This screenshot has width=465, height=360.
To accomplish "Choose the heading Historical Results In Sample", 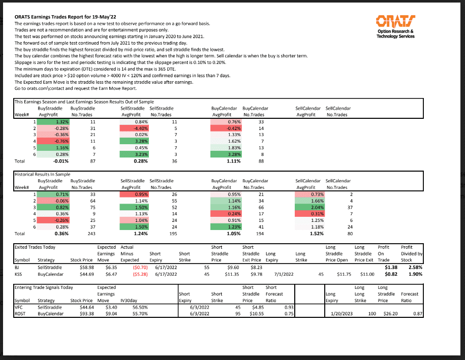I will coord(43,174).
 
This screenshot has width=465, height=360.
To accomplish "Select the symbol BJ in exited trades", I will coord(18,266).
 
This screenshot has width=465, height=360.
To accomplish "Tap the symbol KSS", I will coord(19,274).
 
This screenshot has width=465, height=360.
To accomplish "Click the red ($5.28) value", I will coord(140,274).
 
